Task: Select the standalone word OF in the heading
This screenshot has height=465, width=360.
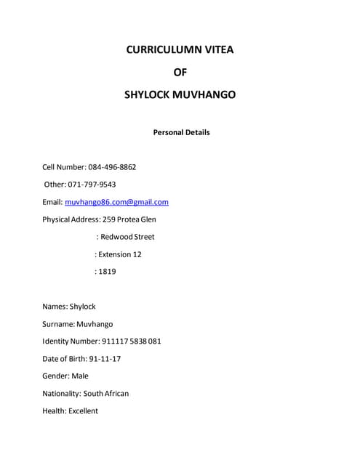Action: [180, 72]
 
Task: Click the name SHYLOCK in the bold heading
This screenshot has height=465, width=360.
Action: [150, 94]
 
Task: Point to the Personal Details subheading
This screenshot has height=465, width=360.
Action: [181, 132]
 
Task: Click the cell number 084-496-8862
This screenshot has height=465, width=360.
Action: [112, 167]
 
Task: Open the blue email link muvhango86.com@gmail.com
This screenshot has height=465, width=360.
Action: [116, 202]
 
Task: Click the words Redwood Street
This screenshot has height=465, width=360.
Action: [127, 237]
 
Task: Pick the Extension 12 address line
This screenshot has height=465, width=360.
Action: [121, 254]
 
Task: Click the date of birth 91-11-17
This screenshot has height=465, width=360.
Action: [105, 359]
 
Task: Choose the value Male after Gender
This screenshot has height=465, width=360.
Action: [80, 376]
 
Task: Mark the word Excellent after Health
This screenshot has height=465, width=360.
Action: [83, 411]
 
